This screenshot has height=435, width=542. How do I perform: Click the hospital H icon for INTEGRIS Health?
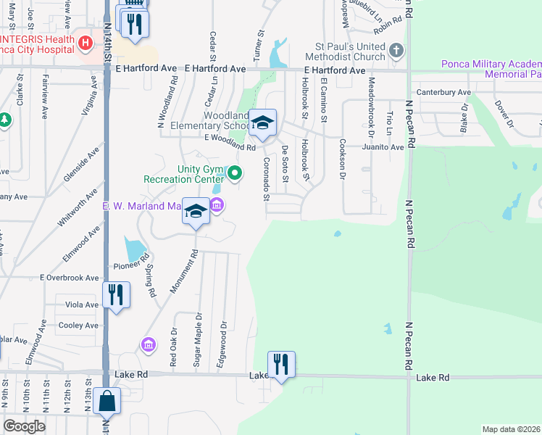coord(86,43)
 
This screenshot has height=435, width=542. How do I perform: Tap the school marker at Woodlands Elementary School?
coord(263,123)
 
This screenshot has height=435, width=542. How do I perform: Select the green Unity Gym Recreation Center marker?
coord(234,173)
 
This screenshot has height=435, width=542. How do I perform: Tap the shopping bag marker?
coord(107,401)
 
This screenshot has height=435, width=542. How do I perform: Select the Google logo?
coord(24,426)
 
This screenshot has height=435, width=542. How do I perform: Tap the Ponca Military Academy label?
coord(491,64)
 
